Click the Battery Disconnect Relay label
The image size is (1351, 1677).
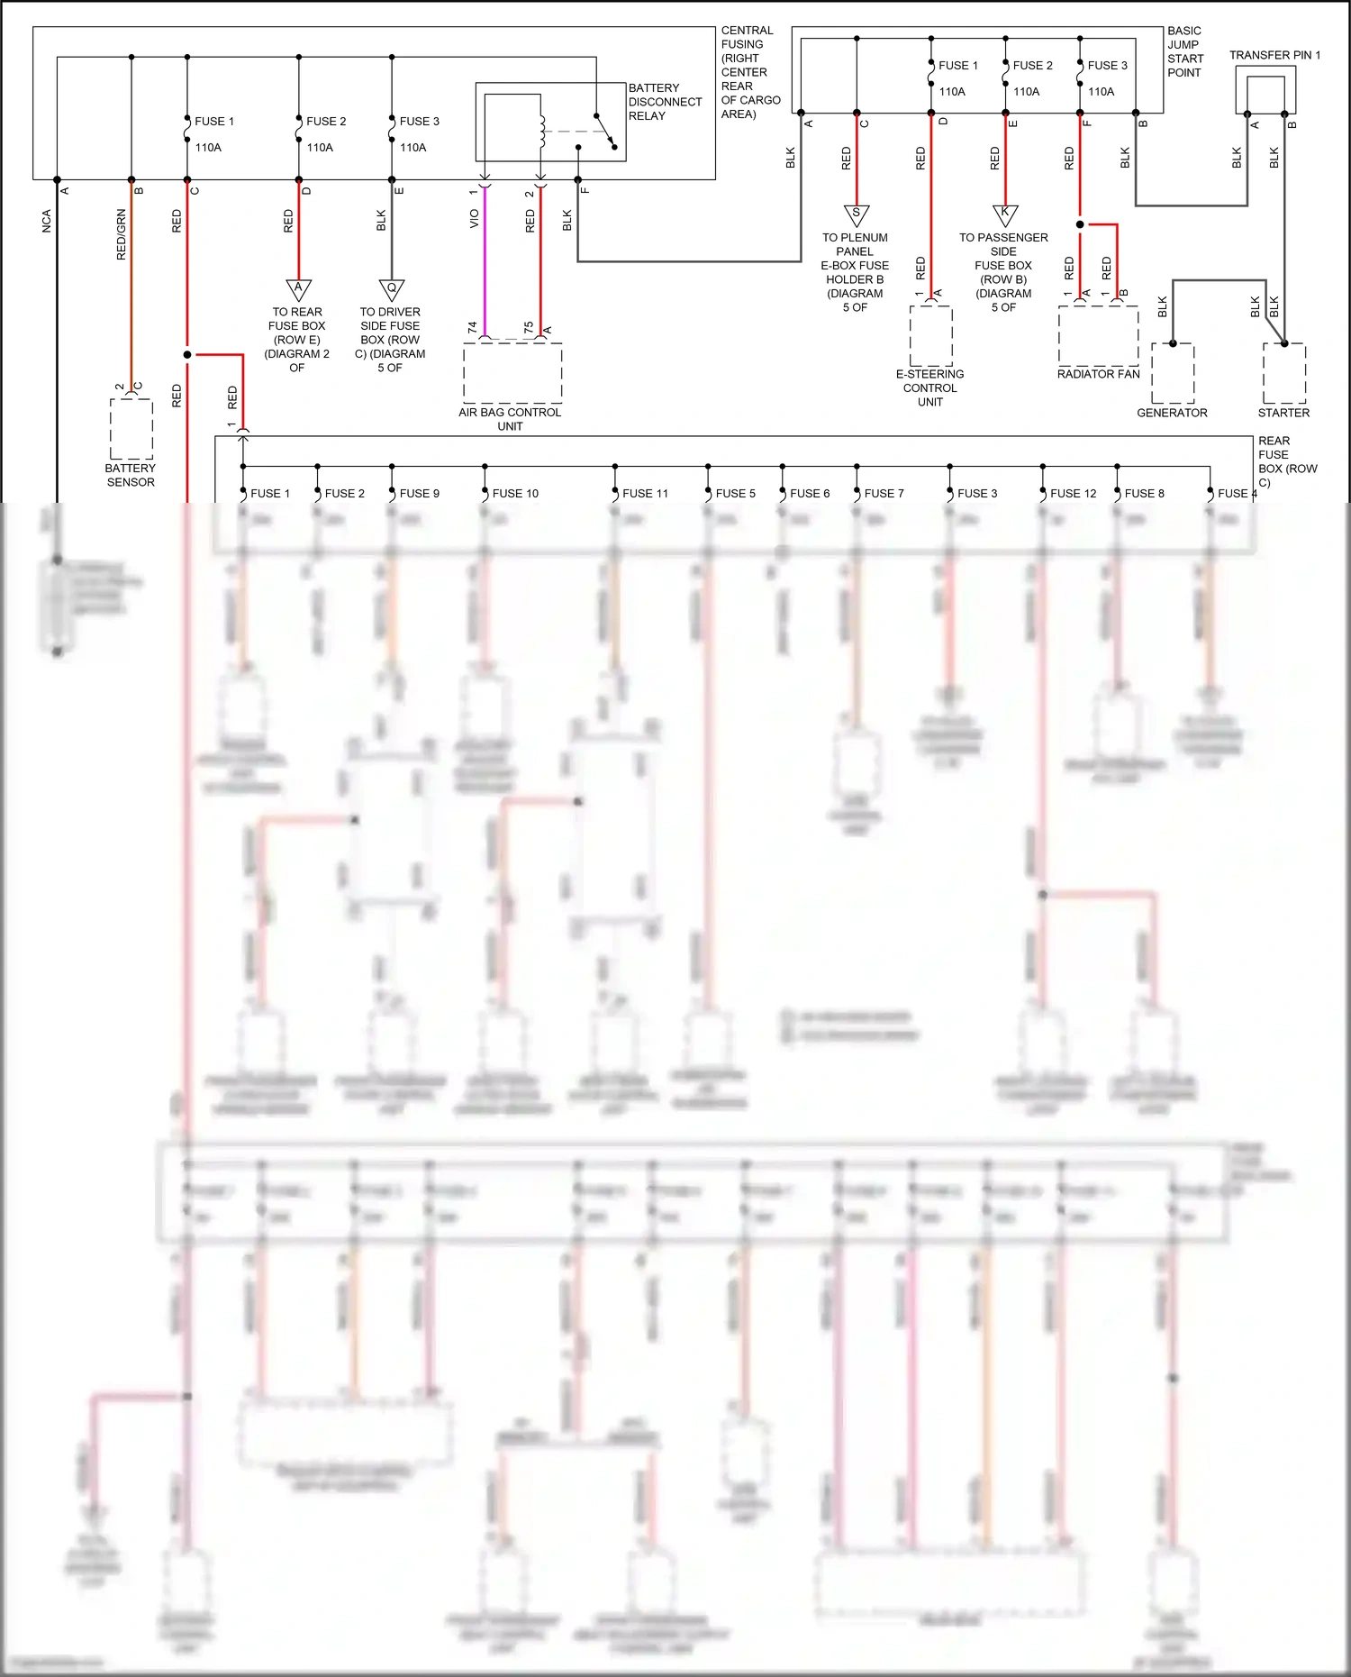click(x=665, y=102)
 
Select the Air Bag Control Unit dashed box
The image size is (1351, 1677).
click(x=512, y=372)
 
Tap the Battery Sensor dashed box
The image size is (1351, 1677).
click(x=131, y=429)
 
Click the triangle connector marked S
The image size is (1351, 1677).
click(x=856, y=214)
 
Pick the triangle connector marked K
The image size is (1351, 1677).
click(x=1005, y=214)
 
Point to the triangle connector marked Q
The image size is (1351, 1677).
click(x=391, y=289)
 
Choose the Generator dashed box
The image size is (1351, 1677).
click(x=1173, y=373)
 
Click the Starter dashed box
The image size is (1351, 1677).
click(x=1284, y=373)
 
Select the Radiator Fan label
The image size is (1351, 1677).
click(x=1098, y=374)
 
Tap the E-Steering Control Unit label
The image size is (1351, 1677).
click(x=930, y=388)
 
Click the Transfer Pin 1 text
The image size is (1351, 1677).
click(x=1274, y=56)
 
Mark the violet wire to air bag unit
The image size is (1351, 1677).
click(x=485, y=261)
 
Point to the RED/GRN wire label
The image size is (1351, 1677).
click(x=122, y=235)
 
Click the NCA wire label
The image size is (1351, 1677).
click(x=47, y=222)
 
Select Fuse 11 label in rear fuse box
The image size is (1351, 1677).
click(x=645, y=494)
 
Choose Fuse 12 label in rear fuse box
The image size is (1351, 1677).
click(x=1073, y=494)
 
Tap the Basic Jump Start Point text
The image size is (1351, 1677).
click(x=1185, y=52)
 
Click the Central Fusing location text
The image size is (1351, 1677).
click(x=749, y=72)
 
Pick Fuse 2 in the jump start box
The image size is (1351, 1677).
click(x=1032, y=66)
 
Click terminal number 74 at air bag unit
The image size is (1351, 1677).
click(x=472, y=327)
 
